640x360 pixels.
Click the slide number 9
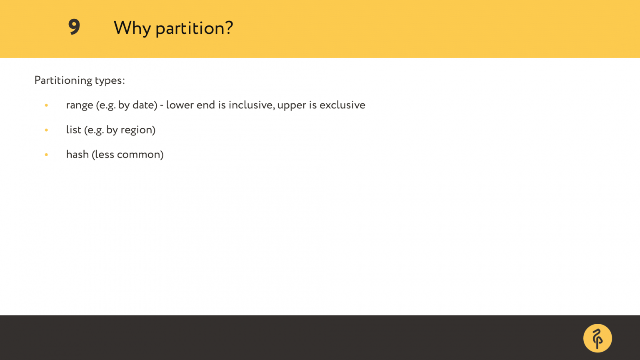click(74, 27)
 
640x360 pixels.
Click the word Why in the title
click(132, 28)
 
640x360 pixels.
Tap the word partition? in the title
click(194, 28)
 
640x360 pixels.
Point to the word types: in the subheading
click(110, 80)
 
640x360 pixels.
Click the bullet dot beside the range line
click(46, 105)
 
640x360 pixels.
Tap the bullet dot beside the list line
click(46, 130)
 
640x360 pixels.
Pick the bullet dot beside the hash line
click(46, 155)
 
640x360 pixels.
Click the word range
click(80, 105)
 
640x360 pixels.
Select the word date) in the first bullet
click(145, 105)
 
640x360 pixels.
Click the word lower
click(180, 105)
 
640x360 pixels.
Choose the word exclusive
click(342, 105)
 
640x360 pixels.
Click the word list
click(73, 130)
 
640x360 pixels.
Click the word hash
click(77, 154)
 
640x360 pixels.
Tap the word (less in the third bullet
click(103, 155)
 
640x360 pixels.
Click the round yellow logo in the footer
click(597, 338)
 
